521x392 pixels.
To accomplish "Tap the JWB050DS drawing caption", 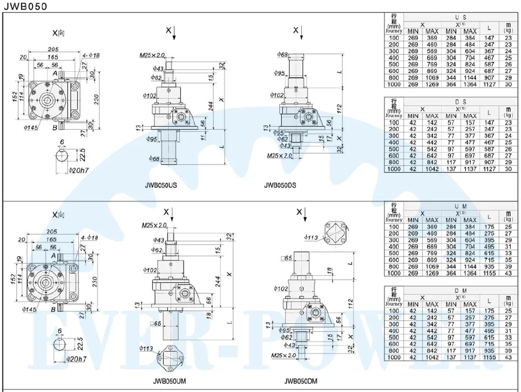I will [280, 186].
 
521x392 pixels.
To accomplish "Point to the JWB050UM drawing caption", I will [169, 380].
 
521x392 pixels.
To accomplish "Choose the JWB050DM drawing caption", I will [302, 380].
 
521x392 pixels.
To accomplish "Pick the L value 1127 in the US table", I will [489, 85].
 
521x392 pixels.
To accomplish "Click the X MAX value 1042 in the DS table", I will [431, 169].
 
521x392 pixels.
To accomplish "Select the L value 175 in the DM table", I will [489, 311].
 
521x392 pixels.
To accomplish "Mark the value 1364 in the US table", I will [470, 85].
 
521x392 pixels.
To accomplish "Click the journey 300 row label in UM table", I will [393, 240].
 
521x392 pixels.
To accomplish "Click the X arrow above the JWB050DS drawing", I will [302, 33].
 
